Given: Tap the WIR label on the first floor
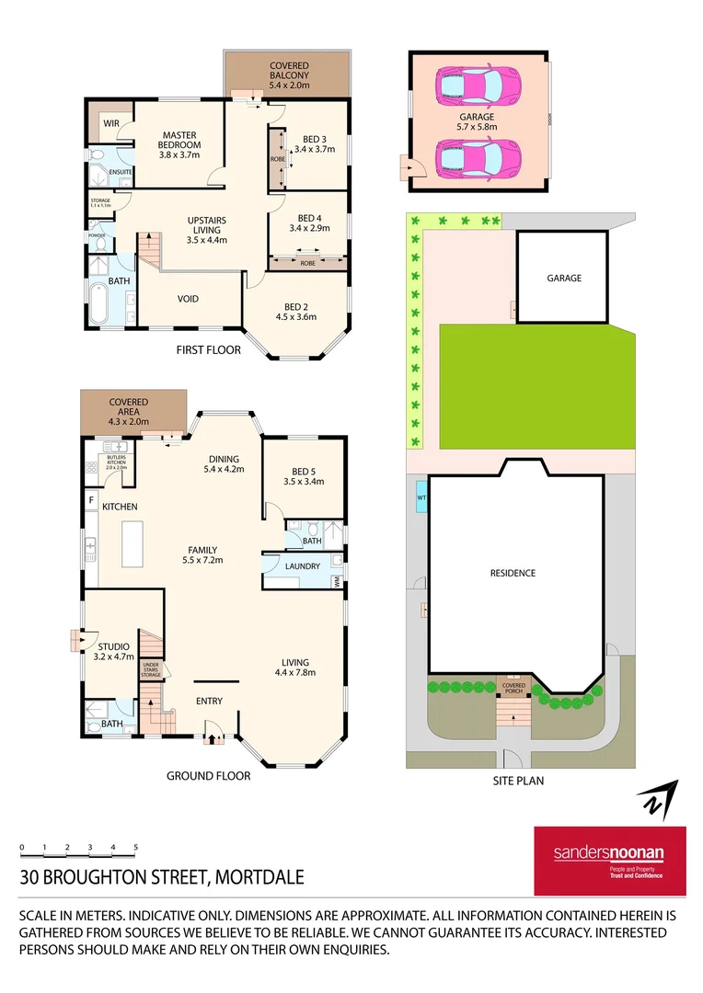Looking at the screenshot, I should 111,123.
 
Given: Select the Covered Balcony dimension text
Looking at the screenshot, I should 289,85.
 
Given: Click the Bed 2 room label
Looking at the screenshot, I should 295,312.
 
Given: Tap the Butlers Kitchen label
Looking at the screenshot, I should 116,462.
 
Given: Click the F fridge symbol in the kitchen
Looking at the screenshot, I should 91,500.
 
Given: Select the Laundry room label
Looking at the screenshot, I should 302,566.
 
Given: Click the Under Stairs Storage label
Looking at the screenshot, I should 152,669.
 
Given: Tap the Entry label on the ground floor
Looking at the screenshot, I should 209,702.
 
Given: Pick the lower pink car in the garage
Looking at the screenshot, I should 477,158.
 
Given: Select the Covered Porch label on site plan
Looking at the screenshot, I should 513,688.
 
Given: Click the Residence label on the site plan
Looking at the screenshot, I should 513,573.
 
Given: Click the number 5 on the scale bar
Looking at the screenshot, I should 135,847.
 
